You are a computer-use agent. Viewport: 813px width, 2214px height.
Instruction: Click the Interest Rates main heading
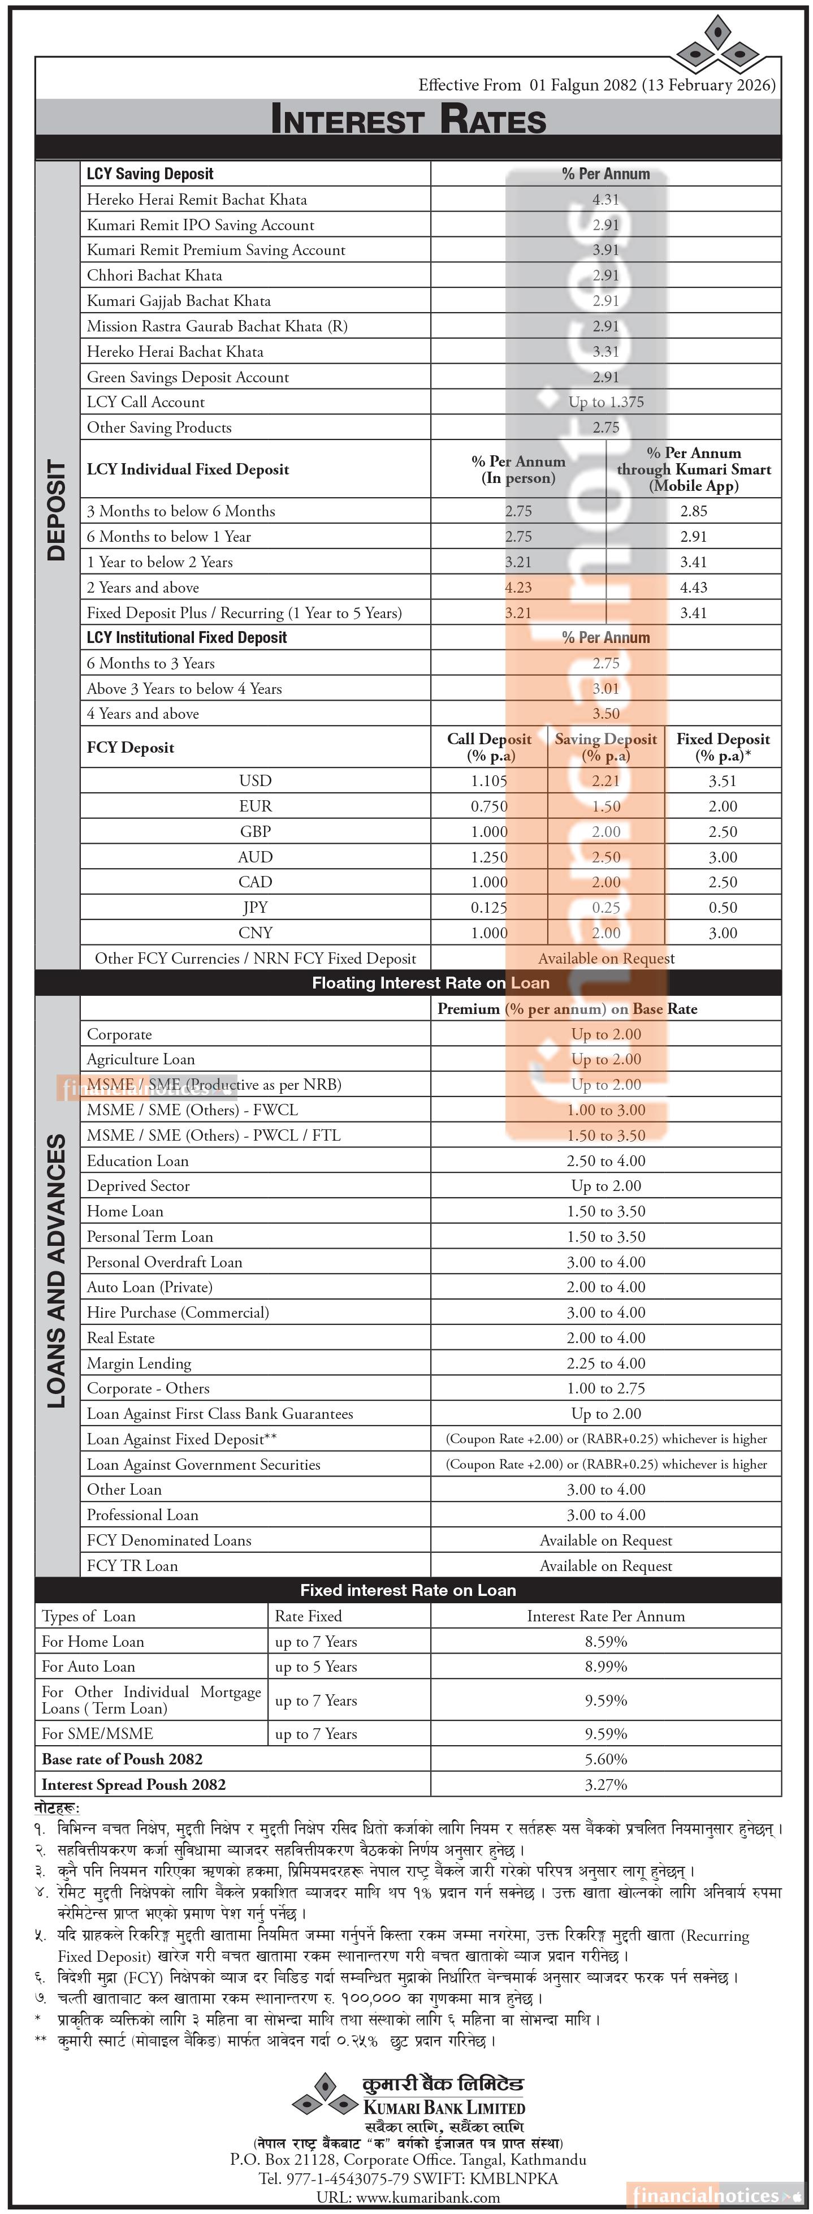(408, 119)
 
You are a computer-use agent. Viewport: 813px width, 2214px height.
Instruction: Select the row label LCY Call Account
(146, 402)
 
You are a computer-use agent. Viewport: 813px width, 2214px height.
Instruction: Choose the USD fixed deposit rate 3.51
(722, 781)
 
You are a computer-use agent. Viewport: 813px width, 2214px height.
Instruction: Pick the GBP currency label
(255, 832)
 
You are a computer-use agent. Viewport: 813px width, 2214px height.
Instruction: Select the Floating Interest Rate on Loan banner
(430, 983)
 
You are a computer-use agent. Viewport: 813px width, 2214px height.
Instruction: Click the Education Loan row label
(137, 1161)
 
